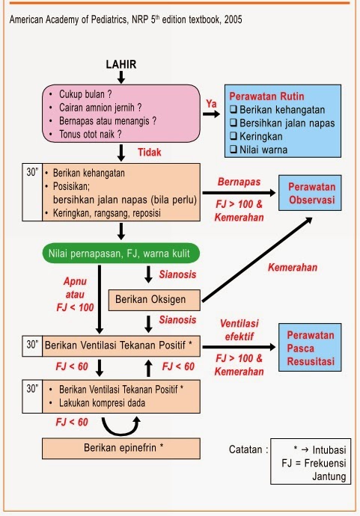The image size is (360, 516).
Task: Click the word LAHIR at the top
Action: coord(121,65)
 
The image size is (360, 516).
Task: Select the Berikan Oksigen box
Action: coord(155,299)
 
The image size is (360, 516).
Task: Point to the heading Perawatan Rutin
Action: coord(266,96)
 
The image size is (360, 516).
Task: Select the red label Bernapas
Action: coord(239,182)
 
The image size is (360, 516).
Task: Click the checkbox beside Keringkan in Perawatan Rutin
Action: coord(234,136)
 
